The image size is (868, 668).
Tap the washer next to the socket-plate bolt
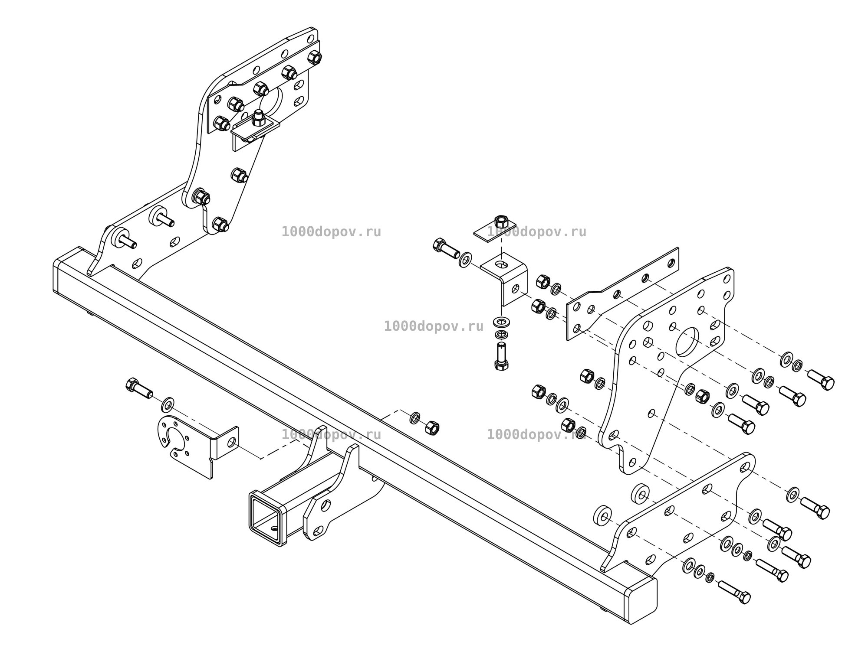tap(168, 404)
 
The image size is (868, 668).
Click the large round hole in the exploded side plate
tap(687, 342)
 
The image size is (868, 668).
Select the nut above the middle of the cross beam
tap(432, 428)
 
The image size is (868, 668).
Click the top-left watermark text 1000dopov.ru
tap(331, 232)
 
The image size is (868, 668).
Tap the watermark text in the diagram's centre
tap(434, 326)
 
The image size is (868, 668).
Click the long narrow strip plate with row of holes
tap(623, 293)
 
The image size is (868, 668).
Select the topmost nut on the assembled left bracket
tap(314, 58)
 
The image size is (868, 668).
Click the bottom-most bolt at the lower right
tap(734, 592)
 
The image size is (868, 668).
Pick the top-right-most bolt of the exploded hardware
tap(821, 380)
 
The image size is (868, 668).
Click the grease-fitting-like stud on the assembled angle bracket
tap(258, 117)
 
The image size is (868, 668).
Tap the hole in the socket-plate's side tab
tap(231, 442)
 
